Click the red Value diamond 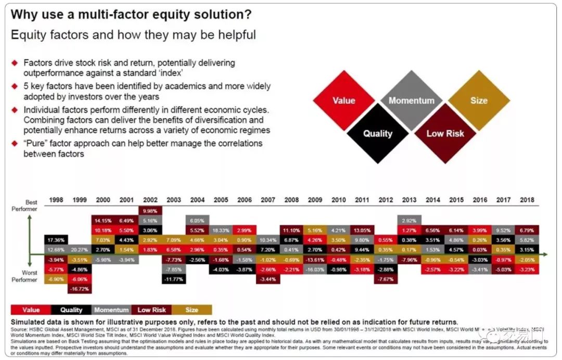click(x=343, y=100)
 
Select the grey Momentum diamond click(x=411, y=100)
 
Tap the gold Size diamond click(x=479, y=100)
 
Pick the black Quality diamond click(x=377, y=133)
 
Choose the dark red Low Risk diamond click(x=445, y=133)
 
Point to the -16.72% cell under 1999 click(x=80, y=288)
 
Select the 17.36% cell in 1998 click(x=55, y=240)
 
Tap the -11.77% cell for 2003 click(x=173, y=279)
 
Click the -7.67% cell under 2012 click(x=386, y=279)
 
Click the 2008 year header click(x=291, y=200)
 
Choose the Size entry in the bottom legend click(x=191, y=310)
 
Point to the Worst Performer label click(x=25, y=276)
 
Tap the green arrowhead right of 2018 click(x=544, y=254)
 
